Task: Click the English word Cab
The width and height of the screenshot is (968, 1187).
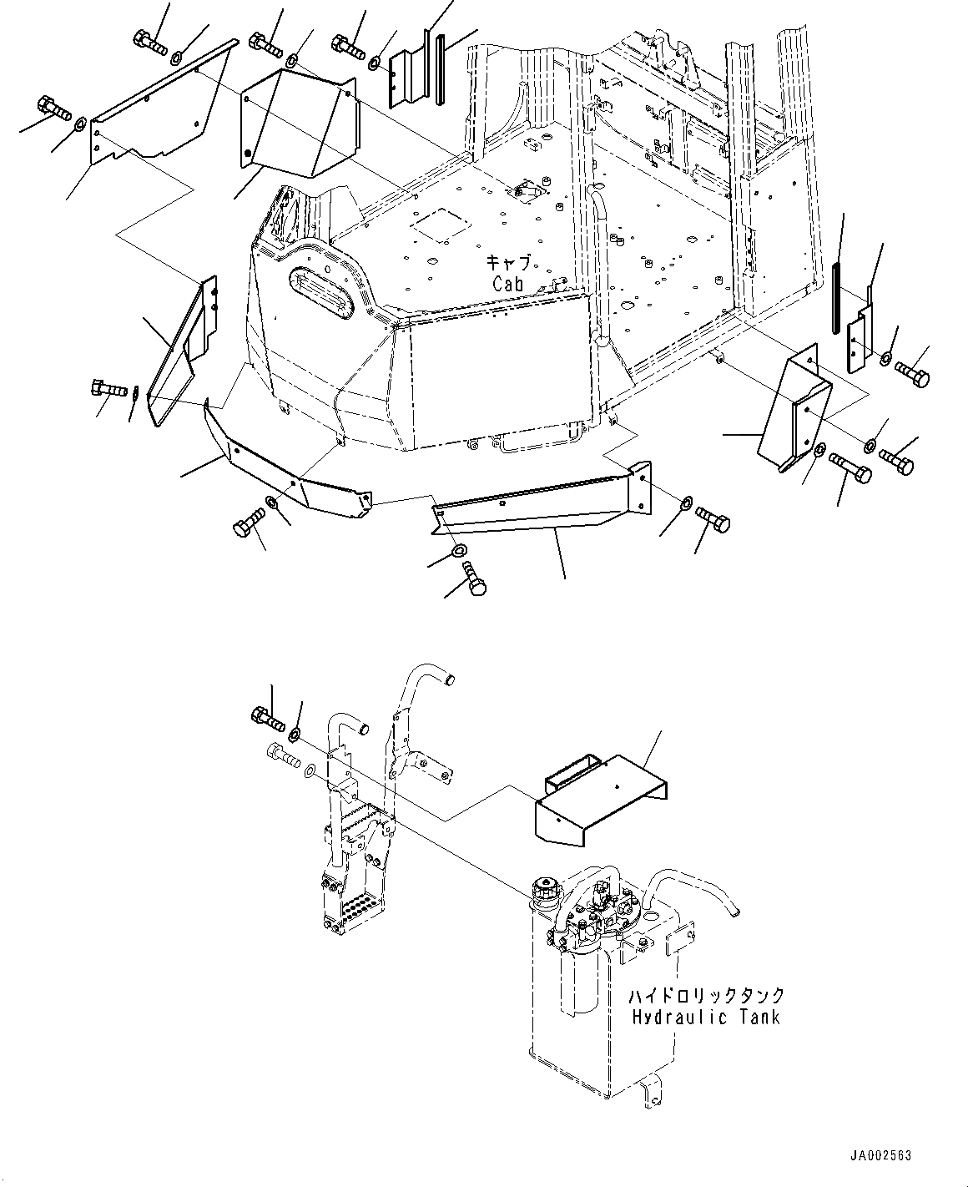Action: pos(507,284)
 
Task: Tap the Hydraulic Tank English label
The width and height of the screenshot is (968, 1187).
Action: pos(706,1017)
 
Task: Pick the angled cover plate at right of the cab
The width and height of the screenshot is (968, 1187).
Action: pos(794,409)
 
